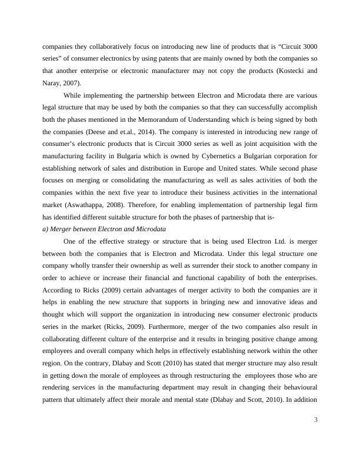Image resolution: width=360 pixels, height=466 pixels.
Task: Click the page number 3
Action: click(x=316, y=420)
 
